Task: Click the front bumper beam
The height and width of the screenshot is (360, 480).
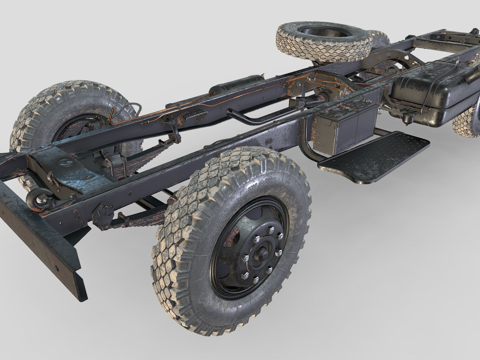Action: (40, 240)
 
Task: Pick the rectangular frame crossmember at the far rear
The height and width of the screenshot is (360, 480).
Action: (440, 42)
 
